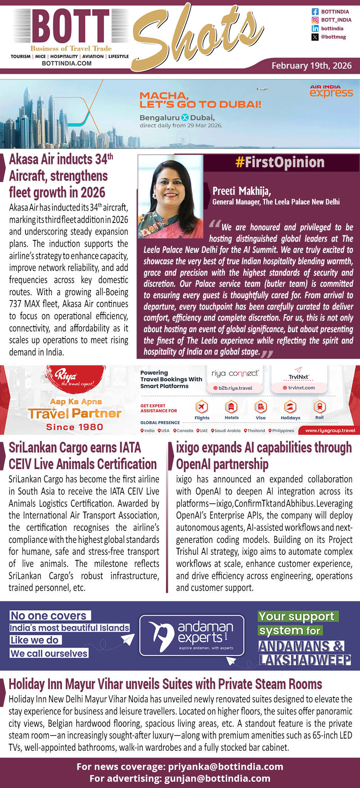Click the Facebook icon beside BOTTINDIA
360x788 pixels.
[315, 12]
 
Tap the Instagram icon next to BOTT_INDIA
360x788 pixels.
[315, 20]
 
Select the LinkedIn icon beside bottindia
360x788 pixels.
[315, 28]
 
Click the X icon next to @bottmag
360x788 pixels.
[315, 37]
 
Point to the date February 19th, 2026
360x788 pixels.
[311, 66]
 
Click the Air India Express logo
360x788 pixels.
[331, 91]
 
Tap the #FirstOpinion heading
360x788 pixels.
[280, 162]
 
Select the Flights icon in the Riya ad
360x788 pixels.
[202, 407]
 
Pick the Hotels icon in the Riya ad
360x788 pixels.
[231, 407]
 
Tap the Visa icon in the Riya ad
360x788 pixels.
[260, 407]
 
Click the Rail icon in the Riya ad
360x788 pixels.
[319, 407]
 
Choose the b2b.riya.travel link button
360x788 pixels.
[235, 388]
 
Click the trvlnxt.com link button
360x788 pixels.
[299, 388]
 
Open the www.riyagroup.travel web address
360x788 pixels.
[330, 430]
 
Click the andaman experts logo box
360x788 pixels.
[192, 635]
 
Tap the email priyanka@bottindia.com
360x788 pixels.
[225, 767]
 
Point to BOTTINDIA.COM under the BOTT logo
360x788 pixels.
[67, 63]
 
